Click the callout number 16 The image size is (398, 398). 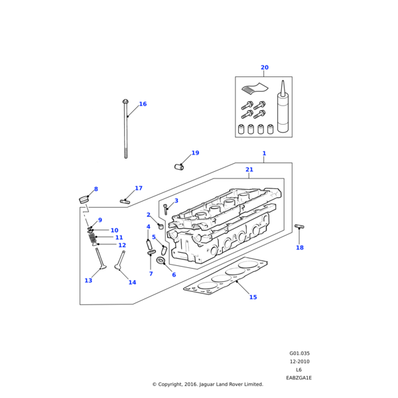click(x=143, y=104)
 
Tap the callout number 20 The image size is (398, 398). click(x=265, y=68)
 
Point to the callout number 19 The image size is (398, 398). click(x=195, y=153)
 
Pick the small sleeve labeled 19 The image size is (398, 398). click(x=178, y=166)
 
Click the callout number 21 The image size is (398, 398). click(x=249, y=170)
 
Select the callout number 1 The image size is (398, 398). click(x=264, y=153)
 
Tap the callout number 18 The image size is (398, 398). click(x=300, y=247)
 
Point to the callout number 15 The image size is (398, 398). click(x=253, y=297)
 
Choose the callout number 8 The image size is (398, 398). click(x=96, y=189)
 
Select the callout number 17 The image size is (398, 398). click(x=139, y=188)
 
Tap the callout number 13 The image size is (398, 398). click(x=88, y=281)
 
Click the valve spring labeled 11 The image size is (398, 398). click(x=96, y=237)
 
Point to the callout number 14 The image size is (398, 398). click(x=132, y=283)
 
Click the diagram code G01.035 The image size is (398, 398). click(x=299, y=354)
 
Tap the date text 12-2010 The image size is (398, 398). click(x=299, y=362)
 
